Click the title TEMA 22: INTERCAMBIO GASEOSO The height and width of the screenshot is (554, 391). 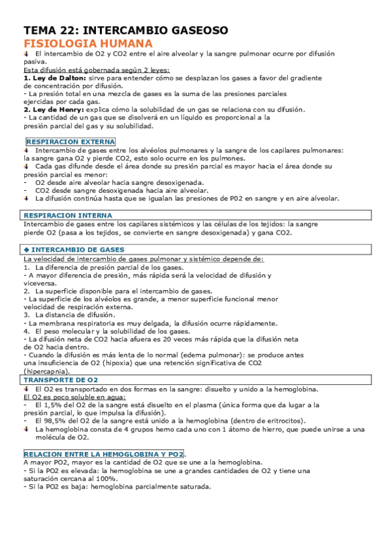pyautogui.click(x=125, y=30)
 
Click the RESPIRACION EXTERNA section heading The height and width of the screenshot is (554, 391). pyautogui.click(x=70, y=142)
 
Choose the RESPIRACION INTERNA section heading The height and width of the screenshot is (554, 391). pyautogui.click(x=68, y=215)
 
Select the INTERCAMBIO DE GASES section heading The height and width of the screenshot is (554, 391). pyautogui.click(x=73, y=250)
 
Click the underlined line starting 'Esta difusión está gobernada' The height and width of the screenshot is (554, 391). pyautogui.click(x=96, y=69)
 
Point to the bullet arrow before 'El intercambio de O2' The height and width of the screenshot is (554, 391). pyautogui.click(x=27, y=53)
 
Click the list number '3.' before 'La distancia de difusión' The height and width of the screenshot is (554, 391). pyautogui.click(x=27, y=314)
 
